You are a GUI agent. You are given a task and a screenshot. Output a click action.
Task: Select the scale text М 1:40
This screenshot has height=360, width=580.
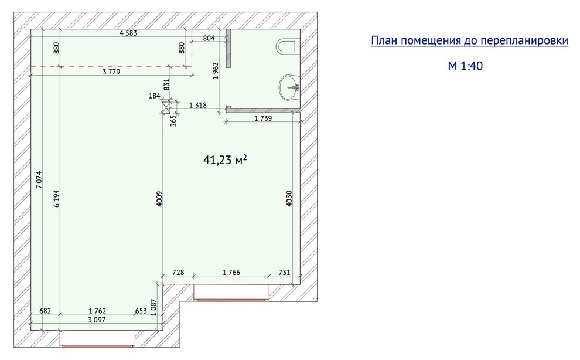click(x=465, y=66)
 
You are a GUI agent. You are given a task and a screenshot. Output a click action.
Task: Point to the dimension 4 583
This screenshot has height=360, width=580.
click(x=128, y=33)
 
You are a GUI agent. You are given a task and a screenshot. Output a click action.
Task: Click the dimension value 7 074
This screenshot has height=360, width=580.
click(x=39, y=179)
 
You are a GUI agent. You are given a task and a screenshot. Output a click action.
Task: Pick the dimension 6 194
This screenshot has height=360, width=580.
click(x=56, y=199)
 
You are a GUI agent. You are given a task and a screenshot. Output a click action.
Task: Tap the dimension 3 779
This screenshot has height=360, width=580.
click(x=111, y=72)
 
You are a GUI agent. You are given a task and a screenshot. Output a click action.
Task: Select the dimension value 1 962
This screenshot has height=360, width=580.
click(x=216, y=71)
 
